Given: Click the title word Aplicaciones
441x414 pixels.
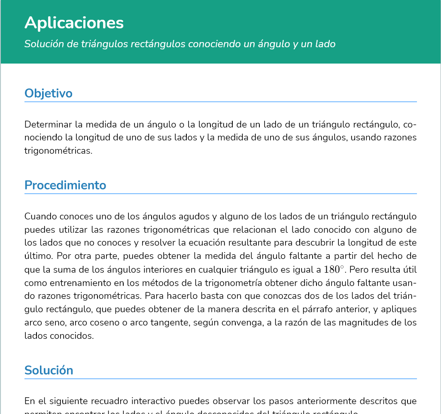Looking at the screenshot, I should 74,23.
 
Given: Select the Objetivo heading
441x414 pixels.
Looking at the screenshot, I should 48,93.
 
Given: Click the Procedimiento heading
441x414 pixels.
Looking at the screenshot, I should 65,185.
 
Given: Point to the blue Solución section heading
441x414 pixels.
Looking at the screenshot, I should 49,370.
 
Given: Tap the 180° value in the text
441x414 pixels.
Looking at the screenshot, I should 335,270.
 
